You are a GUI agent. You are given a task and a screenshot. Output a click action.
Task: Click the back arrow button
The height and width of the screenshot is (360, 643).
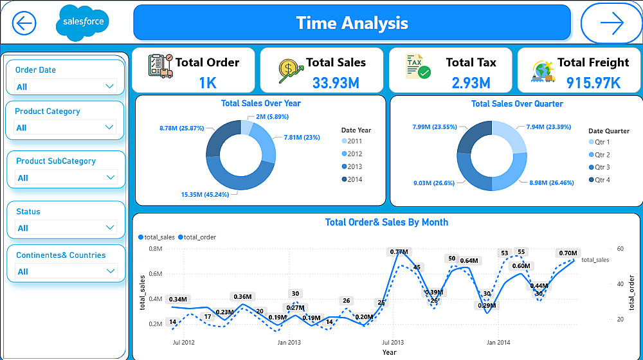(x=24, y=23)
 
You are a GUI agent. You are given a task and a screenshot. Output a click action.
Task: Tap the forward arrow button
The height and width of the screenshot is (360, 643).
(x=611, y=23)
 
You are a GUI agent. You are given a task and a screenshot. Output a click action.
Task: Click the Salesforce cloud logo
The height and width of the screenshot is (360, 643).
(x=83, y=22)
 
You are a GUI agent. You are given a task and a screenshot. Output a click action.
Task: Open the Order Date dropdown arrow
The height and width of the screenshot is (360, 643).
(x=109, y=86)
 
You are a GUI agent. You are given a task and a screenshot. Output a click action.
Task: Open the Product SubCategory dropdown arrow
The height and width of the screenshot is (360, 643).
(x=110, y=177)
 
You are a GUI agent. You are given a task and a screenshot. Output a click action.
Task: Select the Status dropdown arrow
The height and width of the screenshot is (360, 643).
(x=110, y=227)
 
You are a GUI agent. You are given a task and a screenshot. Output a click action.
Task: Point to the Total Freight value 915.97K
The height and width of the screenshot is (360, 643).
(x=593, y=82)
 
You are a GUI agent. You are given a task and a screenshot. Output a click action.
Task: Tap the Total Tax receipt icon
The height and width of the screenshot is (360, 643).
(x=417, y=67)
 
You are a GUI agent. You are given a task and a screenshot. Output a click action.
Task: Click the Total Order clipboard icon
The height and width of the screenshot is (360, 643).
(x=160, y=67)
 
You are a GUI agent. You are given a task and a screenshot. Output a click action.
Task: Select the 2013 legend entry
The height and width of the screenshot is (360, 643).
(x=354, y=166)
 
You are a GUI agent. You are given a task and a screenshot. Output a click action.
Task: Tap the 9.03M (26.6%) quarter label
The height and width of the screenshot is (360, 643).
(x=434, y=183)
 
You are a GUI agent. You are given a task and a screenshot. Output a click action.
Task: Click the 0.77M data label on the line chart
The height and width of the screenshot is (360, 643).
(x=398, y=252)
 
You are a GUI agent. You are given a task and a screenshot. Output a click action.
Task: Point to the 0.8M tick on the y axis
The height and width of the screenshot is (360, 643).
(x=155, y=248)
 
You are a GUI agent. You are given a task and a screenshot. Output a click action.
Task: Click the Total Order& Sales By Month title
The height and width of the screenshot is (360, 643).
(x=386, y=222)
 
